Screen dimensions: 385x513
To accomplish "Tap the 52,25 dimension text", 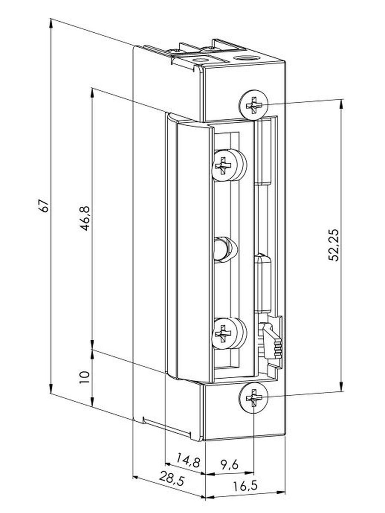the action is pos(333,245).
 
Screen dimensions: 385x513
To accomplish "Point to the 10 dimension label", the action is pos(84,377).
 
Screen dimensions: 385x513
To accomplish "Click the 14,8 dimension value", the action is pos(188,446).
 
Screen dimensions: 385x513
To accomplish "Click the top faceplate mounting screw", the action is pos(253,105).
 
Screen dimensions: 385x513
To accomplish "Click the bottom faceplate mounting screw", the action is pos(253,398).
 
